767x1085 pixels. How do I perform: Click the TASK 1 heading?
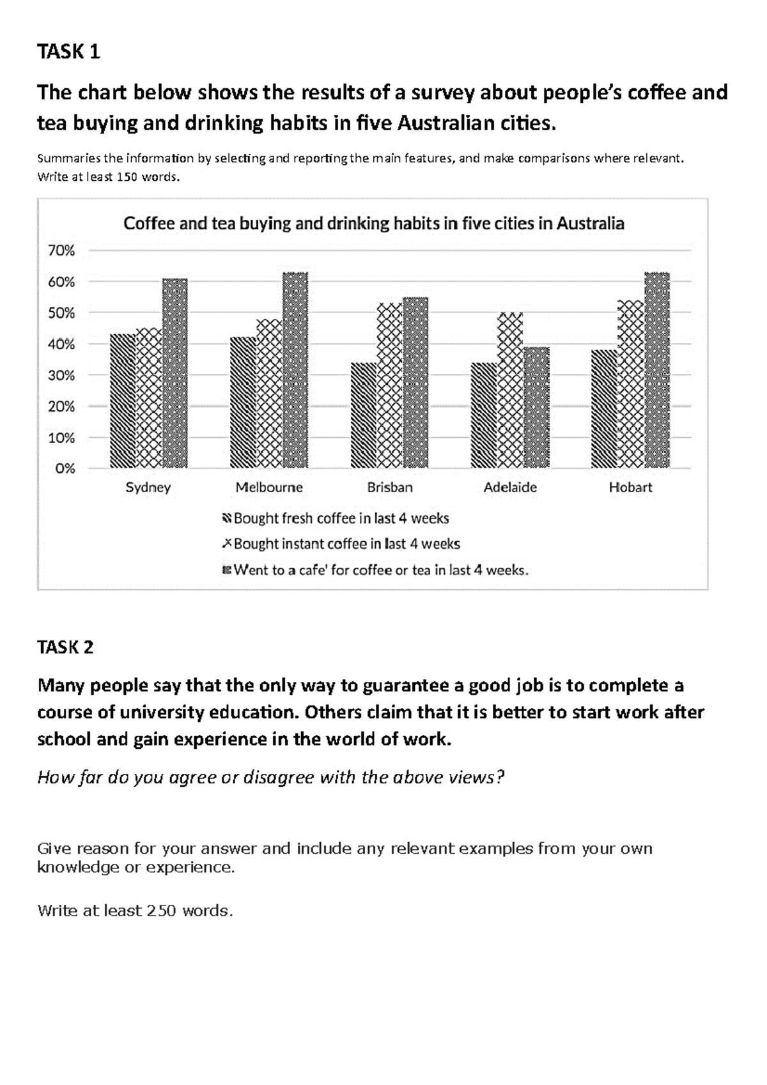click(69, 51)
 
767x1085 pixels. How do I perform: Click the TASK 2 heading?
click(66, 647)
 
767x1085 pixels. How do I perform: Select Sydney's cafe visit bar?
click(174, 373)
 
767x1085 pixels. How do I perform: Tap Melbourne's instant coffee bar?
click(269, 394)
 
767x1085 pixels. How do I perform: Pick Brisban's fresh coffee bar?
click(364, 415)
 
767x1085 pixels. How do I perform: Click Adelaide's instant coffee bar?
click(509, 390)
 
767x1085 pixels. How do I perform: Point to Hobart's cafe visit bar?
click(656, 371)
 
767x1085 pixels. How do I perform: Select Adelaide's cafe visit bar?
click(536, 408)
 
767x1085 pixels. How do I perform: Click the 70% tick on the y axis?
click(61, 250)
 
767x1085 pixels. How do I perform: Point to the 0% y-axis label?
click(65, 468)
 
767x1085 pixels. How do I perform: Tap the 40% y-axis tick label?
click(61, 344)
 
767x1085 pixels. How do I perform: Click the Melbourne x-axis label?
click(269, 488)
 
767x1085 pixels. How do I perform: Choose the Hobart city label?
click(630, 488)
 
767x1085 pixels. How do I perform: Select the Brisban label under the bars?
click(390, 488)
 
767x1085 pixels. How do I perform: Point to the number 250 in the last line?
click(161, 911)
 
